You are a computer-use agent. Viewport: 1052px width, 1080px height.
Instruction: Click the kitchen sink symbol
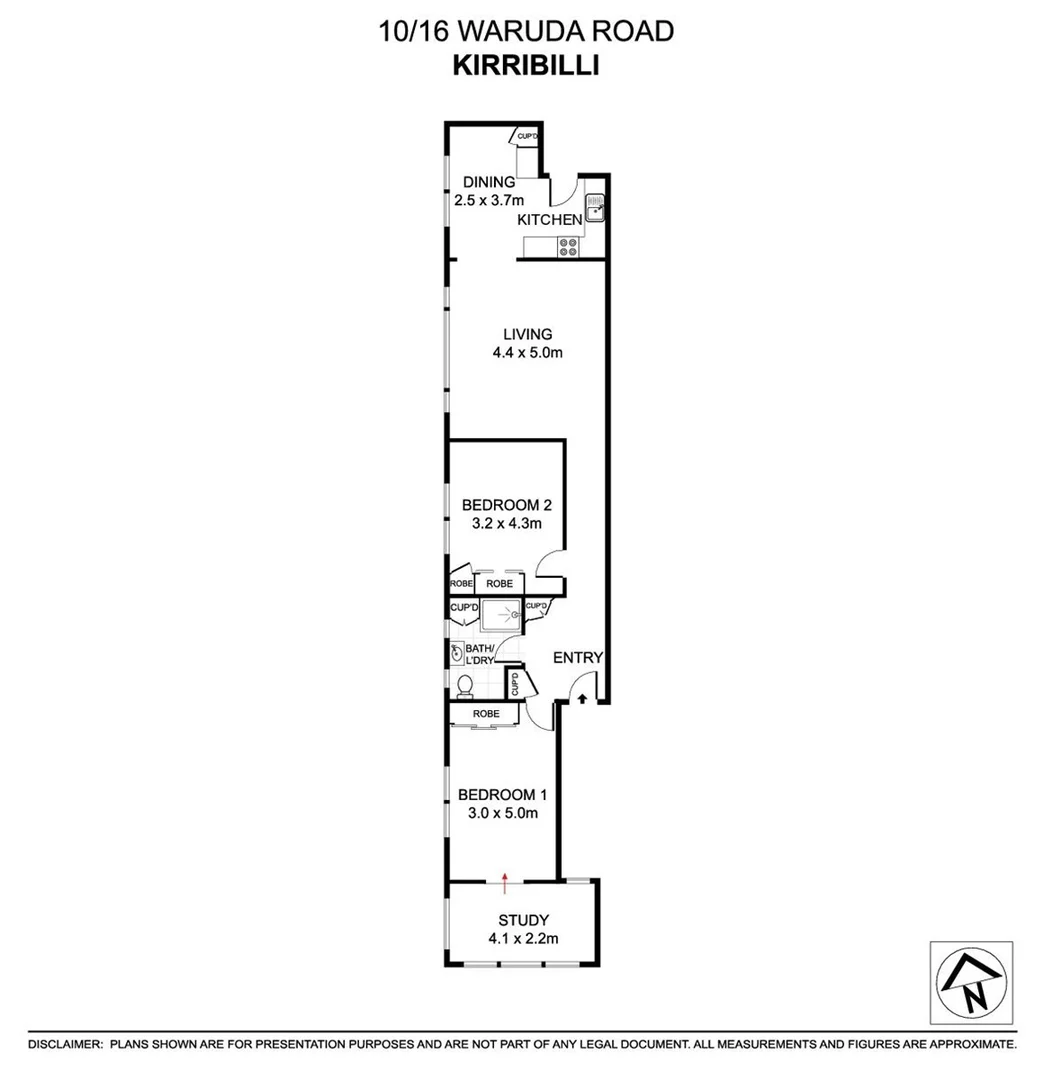pos(595,207)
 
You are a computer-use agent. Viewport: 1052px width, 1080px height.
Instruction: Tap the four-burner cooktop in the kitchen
pos(568,247)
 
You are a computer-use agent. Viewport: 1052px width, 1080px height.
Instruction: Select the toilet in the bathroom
pos(465,687)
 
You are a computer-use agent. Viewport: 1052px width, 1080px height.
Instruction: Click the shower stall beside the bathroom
pos(501,615)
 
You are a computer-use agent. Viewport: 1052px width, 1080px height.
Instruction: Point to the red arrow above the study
pos(505,884)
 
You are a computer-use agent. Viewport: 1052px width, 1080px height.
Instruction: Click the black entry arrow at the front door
pos(582,699)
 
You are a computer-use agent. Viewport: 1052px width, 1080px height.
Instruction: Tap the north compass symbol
pos(971,983)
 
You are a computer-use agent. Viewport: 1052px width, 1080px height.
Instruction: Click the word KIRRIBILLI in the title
pos(526,65)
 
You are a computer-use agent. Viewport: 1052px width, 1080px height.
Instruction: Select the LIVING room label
pos(528,335)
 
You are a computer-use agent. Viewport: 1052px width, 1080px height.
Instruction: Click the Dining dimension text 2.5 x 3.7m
pos(489,200)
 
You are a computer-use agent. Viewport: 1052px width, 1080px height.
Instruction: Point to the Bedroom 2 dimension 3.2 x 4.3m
pos(506,523)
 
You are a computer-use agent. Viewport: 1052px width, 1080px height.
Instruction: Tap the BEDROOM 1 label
pos(502,795)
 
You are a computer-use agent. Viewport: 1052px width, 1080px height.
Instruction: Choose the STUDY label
pos(524,920)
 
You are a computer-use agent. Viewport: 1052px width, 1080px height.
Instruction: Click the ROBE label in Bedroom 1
pos(486,714)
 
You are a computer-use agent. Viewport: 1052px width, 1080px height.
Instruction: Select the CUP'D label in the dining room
pos(527,136)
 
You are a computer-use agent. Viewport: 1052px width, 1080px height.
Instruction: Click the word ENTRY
pos(578,658)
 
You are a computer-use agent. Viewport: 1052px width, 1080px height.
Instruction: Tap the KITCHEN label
pos(550,220)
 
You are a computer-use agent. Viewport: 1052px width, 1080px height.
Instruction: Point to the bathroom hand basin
pos(456,653)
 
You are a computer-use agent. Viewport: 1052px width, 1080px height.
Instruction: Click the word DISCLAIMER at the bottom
pos(65,1044)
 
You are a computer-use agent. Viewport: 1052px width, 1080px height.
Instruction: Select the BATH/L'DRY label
pos(479,654)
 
